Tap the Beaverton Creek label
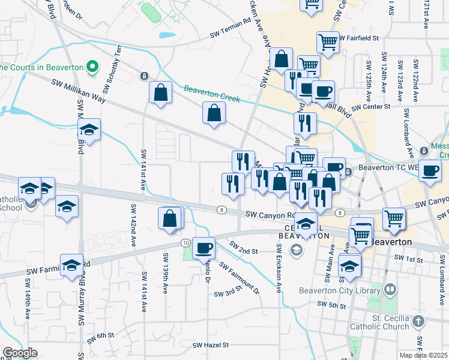click(211, 94)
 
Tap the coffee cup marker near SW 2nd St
click(204, 247)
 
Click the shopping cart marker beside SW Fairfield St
click(328, 42)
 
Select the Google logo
click(19, 352)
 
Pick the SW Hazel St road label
click(211, 345)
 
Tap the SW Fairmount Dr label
click(240, 278)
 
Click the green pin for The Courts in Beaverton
click(92, 66)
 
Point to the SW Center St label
click(371, 107)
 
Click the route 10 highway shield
click(186, 242)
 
